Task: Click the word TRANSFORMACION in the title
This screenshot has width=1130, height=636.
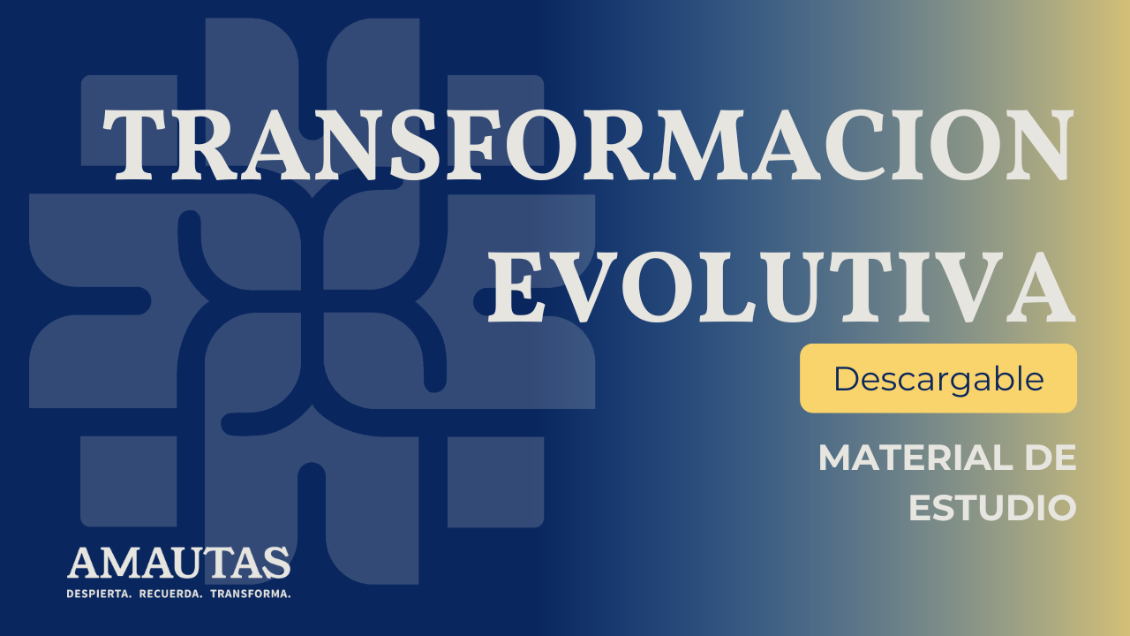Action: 588,145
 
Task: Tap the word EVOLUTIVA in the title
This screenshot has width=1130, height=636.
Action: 781,287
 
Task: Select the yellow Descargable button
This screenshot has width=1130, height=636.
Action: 938,378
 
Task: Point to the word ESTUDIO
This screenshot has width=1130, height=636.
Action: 993,508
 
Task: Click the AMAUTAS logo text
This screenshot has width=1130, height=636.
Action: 179,563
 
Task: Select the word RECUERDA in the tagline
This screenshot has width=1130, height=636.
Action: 170,594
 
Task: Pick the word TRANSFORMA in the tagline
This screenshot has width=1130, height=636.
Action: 250,594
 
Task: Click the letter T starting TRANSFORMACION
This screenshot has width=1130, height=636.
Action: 134,145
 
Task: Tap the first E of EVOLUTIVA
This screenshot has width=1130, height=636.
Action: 516,287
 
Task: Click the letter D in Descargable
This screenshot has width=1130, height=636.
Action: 847,378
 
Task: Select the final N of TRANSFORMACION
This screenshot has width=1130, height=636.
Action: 1037,145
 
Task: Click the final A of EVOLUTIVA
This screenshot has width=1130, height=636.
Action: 1040,287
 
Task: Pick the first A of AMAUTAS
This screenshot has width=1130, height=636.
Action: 84,563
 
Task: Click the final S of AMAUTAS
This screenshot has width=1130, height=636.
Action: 278,563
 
